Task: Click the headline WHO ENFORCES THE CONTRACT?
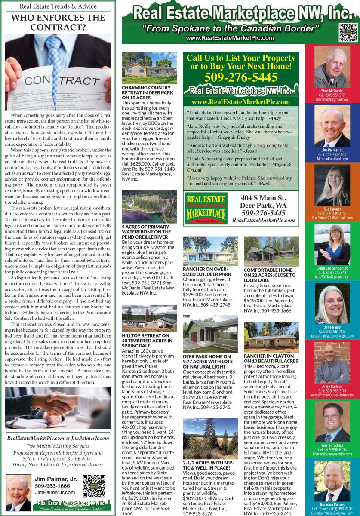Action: (58, 22)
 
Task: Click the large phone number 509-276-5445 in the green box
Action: (241, 78)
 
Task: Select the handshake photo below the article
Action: (58, 408)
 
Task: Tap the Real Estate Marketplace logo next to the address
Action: (205, 208)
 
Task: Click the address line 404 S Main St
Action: (264, 198)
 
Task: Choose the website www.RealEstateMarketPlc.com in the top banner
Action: (230, 38)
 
